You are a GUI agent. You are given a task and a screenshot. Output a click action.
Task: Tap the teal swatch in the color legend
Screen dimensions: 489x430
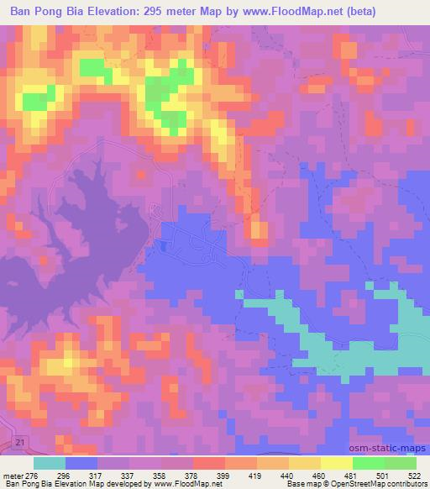50,463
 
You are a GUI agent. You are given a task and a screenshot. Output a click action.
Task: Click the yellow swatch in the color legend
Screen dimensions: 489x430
337,463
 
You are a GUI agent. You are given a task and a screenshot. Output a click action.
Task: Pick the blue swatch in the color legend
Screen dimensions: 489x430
81,463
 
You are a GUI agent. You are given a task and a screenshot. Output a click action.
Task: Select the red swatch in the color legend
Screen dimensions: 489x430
209,463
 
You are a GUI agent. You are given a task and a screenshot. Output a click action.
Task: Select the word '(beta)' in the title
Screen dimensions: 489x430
357,11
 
